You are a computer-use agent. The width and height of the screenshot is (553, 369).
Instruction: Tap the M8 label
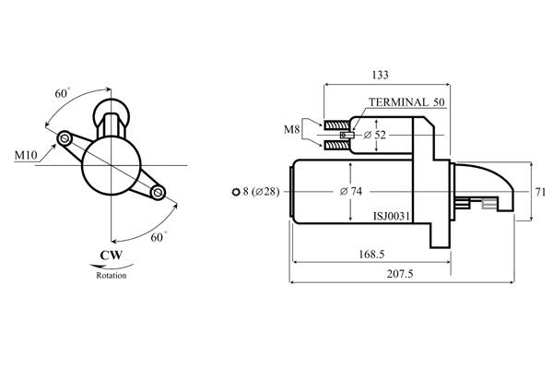(292, 131)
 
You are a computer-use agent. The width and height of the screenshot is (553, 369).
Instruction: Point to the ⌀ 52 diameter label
(375, 136)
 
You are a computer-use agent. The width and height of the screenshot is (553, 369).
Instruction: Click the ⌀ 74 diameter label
(352, 191)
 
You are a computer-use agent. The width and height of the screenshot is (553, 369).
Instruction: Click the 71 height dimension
(541, 191)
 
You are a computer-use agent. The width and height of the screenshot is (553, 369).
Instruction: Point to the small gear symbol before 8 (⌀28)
(238, 192)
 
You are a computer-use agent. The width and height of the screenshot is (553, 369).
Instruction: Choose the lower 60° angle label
(158, 237)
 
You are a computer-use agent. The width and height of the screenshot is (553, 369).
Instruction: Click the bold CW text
(112, 256)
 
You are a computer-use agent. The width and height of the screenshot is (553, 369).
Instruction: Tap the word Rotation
(112, 275)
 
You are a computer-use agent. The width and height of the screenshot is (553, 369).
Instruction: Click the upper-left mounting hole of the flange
(65, 138)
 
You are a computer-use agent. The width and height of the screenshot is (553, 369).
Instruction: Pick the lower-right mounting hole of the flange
(158, 192)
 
